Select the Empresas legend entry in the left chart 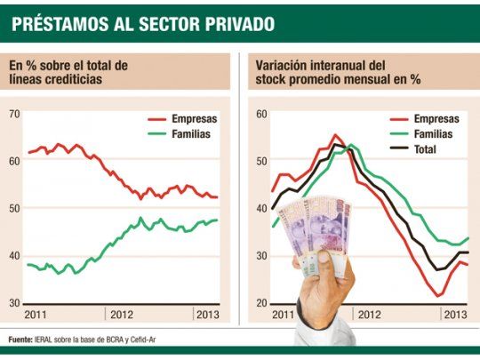point(193,119)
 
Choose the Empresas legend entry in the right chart point(436,119)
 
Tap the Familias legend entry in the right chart point(434,134)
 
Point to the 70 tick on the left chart point(14,114)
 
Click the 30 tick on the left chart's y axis point(14,303)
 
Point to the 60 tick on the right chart point(260,114)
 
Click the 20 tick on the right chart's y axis point(260,303)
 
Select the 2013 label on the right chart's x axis point(455,314)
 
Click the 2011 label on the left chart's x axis point(36,314)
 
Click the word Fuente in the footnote point(22,339)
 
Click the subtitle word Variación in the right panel point(280,65)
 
